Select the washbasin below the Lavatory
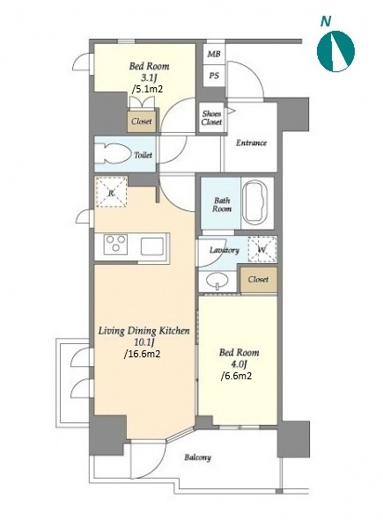pos(217,280)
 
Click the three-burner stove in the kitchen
pos(116,244)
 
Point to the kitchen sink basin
pos(152,246)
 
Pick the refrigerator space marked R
pos(111,192)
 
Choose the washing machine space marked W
pos(262,250)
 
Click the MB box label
pos(214,54)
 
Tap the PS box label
pos(214,76)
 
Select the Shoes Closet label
pos(211,118)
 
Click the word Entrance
pos(251,143)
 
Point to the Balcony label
pos(198,458)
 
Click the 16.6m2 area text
pos(142,354)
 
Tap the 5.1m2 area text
pos(148,89)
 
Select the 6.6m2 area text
pos(236,376)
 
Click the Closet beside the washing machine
pos(258,280)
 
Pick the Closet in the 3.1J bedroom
pos(142,121)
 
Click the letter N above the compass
pos(326,21)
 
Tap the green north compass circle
pos(335,51)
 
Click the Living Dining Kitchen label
pos(144,331)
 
